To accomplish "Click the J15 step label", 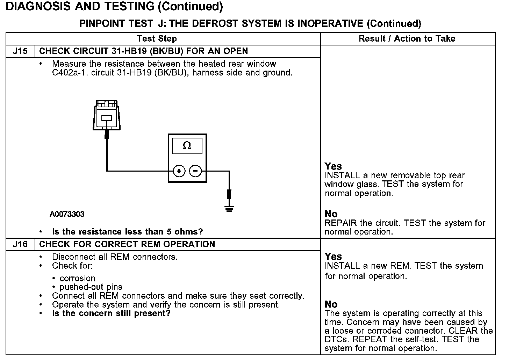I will click(20, 51).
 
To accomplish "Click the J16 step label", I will click(20, 244).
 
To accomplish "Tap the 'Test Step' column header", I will click(157, 39).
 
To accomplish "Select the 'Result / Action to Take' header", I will click(407, 39).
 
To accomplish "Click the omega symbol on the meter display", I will click(187, 146).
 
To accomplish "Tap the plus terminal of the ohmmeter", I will click(179, 171).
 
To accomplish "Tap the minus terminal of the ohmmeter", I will click(195, 171).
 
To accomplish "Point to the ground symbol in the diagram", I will click(229, 209).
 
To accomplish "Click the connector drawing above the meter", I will click(107, 115).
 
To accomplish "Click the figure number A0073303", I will click(67, 214).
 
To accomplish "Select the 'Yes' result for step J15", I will click(333, 166).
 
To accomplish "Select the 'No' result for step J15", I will click(331, 214).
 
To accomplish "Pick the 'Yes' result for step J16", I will click(333, 257).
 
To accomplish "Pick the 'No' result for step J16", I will click(331, 304).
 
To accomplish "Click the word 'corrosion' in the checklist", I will click(77, 279).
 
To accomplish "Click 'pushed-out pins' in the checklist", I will click(91, 287).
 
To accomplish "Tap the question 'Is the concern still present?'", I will click(111, 314).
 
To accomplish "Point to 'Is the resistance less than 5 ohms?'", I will click(127, 232).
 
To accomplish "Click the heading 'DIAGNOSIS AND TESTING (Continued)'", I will click(114, 7).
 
